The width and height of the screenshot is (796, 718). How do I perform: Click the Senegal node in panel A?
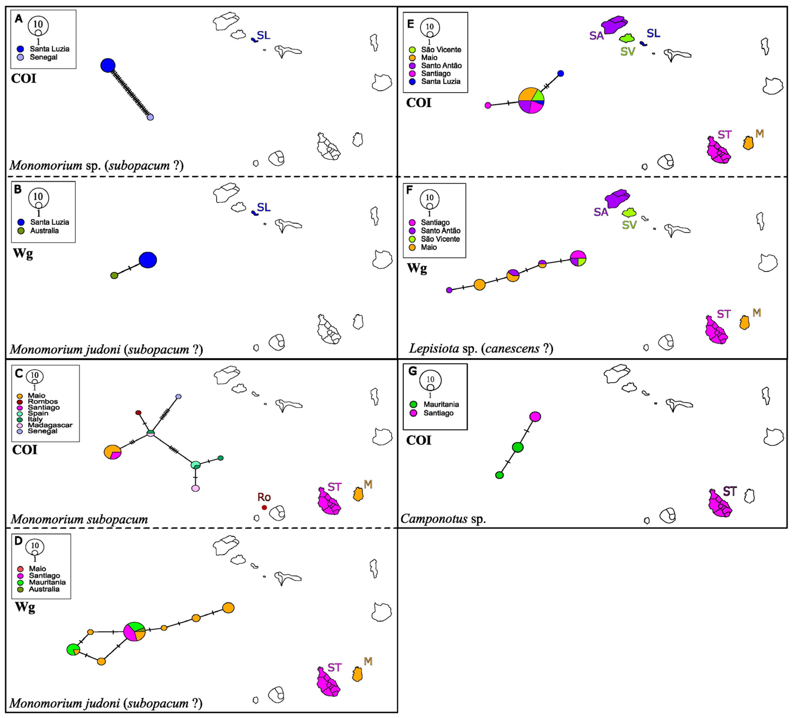click(150, 117)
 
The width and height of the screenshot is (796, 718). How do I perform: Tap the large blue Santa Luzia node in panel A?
click(108, 65)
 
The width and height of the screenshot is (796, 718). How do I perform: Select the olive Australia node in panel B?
click(114, 275)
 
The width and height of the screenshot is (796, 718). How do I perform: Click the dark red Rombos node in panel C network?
click(138, 413)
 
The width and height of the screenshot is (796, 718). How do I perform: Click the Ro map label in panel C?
click(264, 497)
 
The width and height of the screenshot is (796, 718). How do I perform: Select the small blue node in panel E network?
click(560, 73)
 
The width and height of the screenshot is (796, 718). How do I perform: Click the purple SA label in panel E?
click(596, 36)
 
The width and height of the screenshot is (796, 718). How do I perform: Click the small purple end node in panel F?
click(449, 290)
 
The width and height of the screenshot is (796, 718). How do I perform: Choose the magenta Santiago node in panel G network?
click(535, 417)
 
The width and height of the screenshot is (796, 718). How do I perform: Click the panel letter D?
click(18, 541)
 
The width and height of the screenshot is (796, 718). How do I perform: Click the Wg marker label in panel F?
click(417, 268)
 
